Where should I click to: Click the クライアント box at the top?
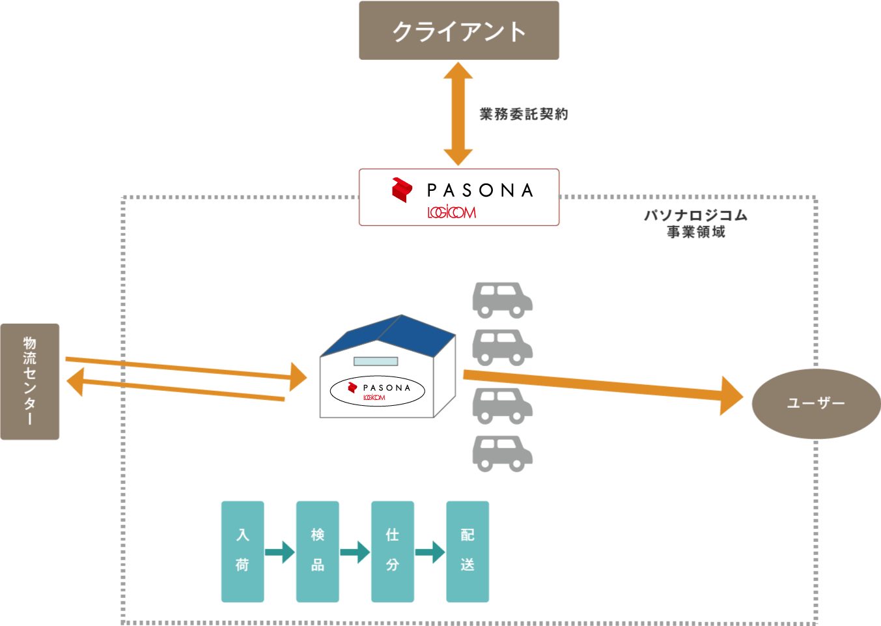pos(459,31)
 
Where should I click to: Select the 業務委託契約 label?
pos(524,114)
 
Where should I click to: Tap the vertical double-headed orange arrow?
pos(458,114)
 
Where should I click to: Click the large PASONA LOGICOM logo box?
pos(459,197)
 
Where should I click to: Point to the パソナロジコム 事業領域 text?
pos(695,223)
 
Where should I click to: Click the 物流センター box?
pos(30,381)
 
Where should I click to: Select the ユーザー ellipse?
pos(816,403)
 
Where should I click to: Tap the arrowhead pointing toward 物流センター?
pos(76,381)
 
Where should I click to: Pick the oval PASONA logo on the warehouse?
pos(378,391)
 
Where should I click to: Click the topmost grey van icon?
pos(502,300)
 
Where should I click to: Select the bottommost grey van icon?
pos(502,453)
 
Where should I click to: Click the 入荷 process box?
pos(242,551)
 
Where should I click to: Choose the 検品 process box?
pos(317,551)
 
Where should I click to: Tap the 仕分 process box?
pos(392,551)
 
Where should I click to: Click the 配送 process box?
pos(467,551)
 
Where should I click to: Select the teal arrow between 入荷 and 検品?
pos(280,552)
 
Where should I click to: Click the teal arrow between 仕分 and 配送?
pos(430,552)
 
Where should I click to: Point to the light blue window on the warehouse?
pos(376,362)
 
